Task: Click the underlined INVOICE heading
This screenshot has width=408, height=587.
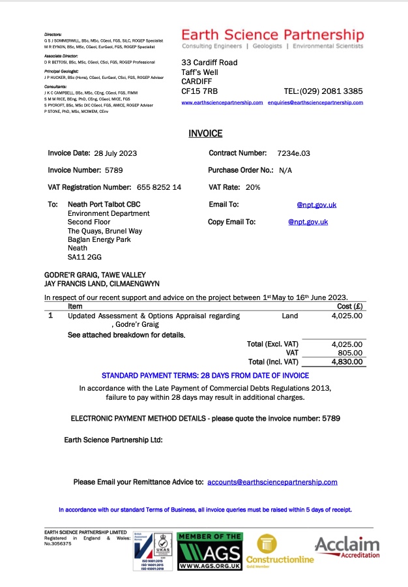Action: tap(205, 134)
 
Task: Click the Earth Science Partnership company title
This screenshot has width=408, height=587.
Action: tap(272, 35)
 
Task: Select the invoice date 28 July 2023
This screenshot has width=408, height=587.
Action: tap(115, 153)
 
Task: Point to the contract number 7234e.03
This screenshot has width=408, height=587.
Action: tap(293, 153)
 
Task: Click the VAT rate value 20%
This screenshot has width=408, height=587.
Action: tap(253, 187)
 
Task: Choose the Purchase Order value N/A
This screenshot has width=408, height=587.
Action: tap(285, 170)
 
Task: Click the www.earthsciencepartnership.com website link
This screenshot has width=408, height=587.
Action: tap(222, 103)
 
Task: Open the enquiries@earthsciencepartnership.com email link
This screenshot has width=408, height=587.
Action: tap(315, 103)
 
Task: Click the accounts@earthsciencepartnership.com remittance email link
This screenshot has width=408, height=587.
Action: tap(272, 482)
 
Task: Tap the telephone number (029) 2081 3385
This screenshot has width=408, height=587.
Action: tap(333, 91)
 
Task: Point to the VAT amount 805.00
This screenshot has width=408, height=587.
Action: tap(349, 352)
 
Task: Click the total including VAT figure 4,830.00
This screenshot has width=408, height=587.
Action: tap(346, 361)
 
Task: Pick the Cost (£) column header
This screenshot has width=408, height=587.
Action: tap(349, 306)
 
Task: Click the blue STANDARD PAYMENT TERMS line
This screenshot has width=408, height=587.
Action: tap(205, 376)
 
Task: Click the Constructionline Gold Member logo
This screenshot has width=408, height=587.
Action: tap(279, 550)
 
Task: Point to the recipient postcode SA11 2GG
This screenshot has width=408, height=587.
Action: tap(81, 258)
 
